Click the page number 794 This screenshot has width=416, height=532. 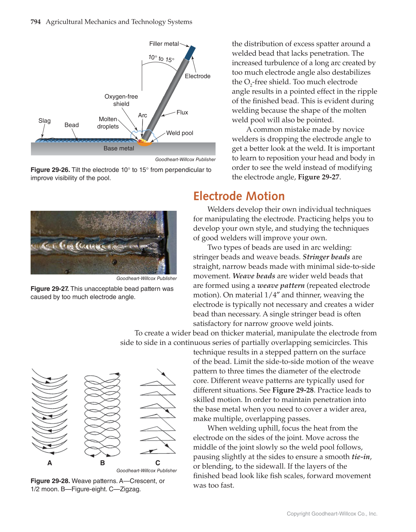36,22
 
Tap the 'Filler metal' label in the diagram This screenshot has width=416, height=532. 164,44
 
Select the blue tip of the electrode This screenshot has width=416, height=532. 190,53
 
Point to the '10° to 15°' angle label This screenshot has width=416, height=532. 161,58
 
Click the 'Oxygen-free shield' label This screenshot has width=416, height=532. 121,100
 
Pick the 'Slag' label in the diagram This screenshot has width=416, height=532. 45,121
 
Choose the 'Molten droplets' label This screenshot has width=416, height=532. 108,123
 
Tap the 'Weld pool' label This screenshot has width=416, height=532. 180,133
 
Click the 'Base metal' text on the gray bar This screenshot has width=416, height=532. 119,149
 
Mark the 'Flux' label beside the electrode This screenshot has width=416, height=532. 182,113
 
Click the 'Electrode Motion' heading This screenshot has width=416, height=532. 239,196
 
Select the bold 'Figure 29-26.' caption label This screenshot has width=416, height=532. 50,170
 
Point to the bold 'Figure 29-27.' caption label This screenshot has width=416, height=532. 50,289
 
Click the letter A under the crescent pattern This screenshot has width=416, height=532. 50,463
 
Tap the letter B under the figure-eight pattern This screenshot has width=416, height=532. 103,463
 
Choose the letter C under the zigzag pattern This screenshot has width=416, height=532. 158,463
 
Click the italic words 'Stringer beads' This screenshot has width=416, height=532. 326,257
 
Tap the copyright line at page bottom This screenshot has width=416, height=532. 332,514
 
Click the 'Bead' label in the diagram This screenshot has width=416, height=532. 72,125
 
